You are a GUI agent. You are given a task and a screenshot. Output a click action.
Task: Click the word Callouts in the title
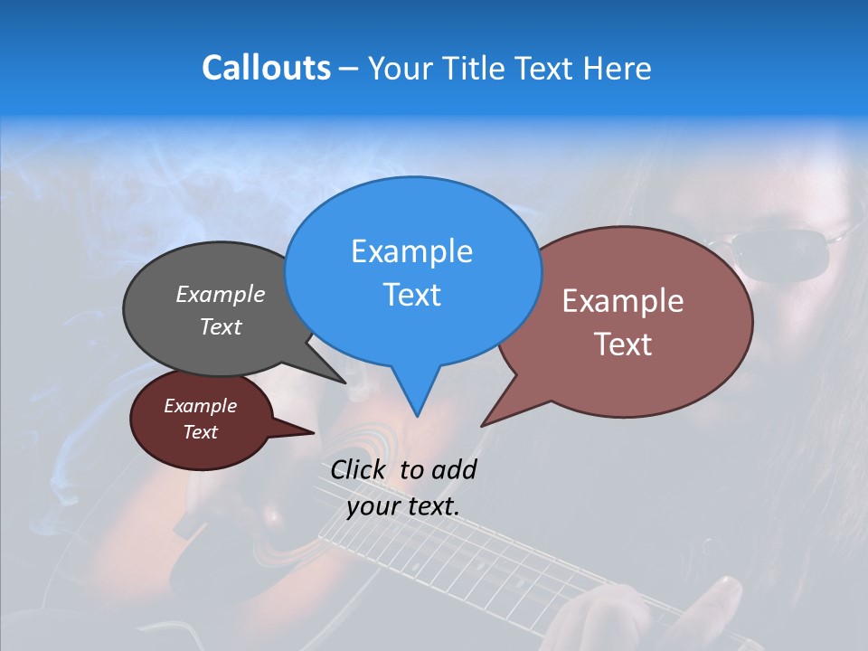[266, 68]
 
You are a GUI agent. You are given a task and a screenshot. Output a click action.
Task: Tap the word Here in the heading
[616, 68]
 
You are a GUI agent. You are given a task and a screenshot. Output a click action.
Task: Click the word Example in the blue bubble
[411, 251]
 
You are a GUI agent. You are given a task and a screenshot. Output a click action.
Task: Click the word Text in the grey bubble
[221, 326]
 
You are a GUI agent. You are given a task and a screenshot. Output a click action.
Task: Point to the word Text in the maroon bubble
[201, 432]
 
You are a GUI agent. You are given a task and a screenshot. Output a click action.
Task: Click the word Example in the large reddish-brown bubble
[623, 301]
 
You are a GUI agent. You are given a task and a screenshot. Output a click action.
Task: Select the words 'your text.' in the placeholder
[403, 507]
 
